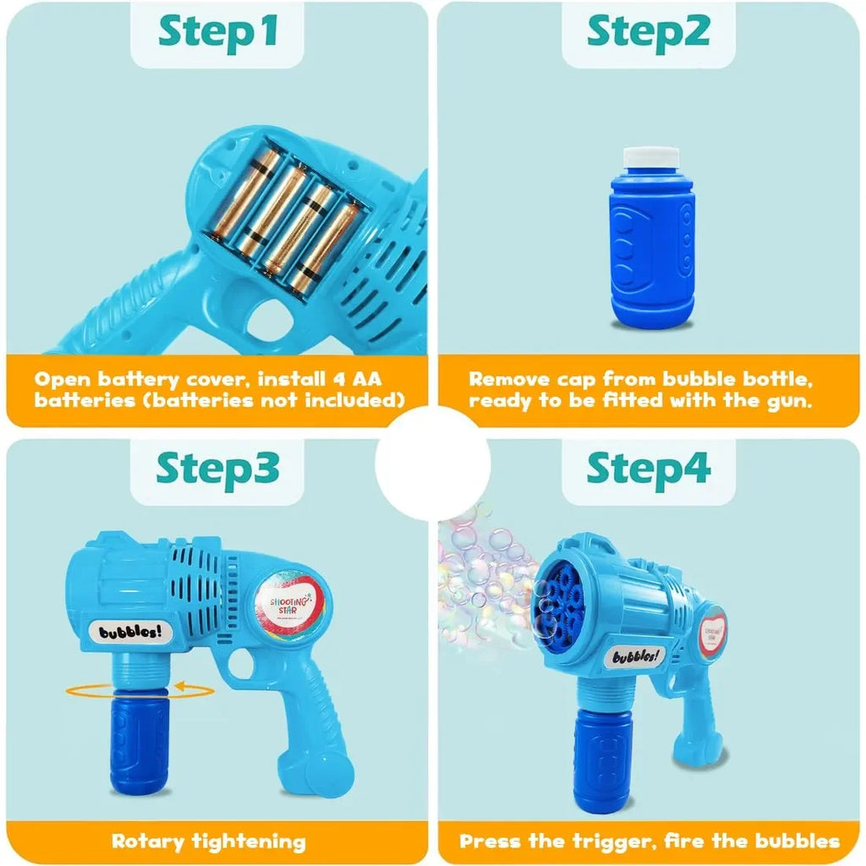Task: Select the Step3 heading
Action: [x=218, y=469]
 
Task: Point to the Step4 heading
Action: [x=649, y=469]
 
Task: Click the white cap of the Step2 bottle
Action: [x=651, y=157]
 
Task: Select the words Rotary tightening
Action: [x=208, y=841]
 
